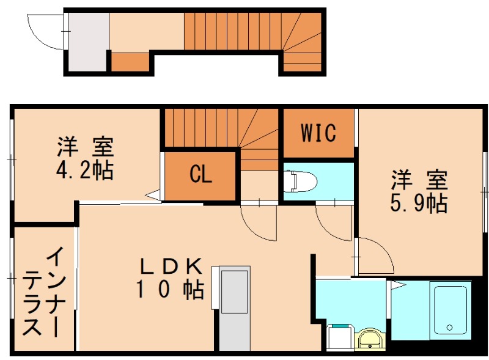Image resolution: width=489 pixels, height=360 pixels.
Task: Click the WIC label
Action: point(318,133)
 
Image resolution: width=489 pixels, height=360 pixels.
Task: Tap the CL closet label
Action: point(200,175)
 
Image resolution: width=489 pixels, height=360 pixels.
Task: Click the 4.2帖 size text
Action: point(86,170)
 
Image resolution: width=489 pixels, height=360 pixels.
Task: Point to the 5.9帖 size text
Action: point(419,203)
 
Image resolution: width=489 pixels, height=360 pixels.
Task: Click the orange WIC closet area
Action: point(318,133)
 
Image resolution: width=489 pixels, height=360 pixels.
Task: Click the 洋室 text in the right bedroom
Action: point(419,180)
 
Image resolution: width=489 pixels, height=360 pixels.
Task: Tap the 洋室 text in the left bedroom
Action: point(86,147)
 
